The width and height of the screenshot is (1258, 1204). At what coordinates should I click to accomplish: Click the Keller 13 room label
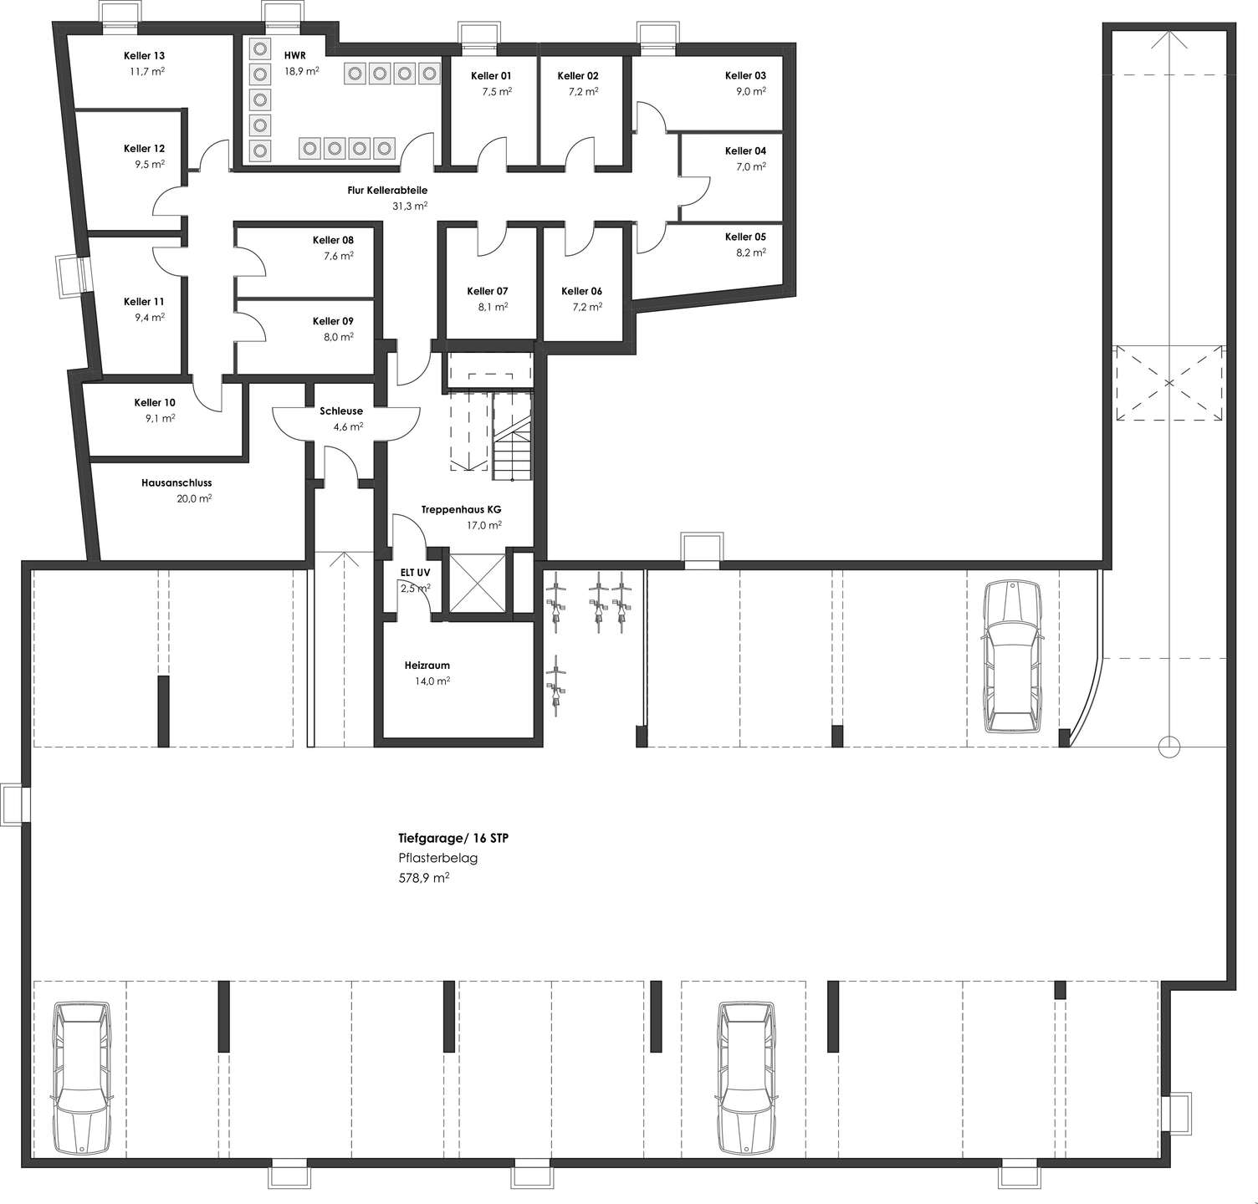point(144,56)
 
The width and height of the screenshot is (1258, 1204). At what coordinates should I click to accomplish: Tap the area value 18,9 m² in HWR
point(301,72)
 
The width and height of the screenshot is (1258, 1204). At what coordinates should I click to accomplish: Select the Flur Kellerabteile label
point(387,191)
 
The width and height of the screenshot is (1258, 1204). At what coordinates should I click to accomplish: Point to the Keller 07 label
point(488,291)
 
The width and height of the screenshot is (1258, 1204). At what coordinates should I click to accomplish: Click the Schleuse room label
point(341,411)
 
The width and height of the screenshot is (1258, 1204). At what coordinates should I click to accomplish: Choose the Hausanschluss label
point(176,483)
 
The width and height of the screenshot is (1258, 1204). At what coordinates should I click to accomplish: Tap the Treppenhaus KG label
point(461,509)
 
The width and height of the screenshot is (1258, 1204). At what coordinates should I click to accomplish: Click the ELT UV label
point(415,573)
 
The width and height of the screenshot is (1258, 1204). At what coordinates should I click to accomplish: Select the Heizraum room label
point(427,666)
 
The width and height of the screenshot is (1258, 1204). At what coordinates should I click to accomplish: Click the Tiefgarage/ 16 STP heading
point(453,838)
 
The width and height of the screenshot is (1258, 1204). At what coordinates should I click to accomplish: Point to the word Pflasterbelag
point(437,858)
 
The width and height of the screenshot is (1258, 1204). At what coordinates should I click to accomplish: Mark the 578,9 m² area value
point(424,879)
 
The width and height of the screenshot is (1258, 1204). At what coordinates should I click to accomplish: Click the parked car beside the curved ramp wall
point(1013,657)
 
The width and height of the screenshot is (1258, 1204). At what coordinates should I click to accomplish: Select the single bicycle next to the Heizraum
point(555,681)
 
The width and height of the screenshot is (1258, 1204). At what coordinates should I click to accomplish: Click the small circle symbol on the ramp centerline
point(1169,747)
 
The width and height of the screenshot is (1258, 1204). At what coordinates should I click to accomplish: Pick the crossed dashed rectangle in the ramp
point(1169,383)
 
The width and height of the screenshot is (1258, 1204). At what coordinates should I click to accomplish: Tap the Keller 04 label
point(745,151)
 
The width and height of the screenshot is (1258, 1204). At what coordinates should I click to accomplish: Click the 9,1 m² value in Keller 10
point(160,418)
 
